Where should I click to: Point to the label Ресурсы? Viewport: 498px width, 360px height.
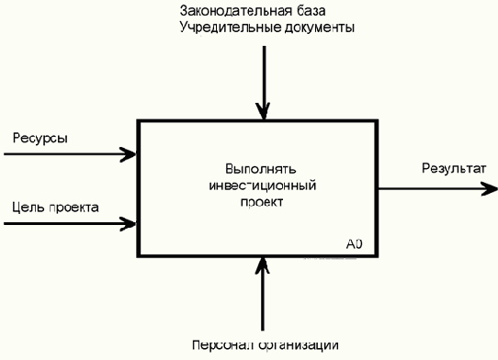point(40,139)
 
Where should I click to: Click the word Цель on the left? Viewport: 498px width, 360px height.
point(27,207)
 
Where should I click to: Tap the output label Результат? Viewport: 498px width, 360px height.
point(452,169)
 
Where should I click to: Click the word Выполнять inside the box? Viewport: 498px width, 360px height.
point(257,169)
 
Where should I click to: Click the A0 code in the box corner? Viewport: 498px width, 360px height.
point(355,244)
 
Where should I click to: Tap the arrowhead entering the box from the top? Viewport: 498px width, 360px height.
point(264,112)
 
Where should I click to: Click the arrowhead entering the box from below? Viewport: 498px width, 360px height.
point(264,264)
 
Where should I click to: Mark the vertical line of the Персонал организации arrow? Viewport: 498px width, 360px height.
point(264,303)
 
